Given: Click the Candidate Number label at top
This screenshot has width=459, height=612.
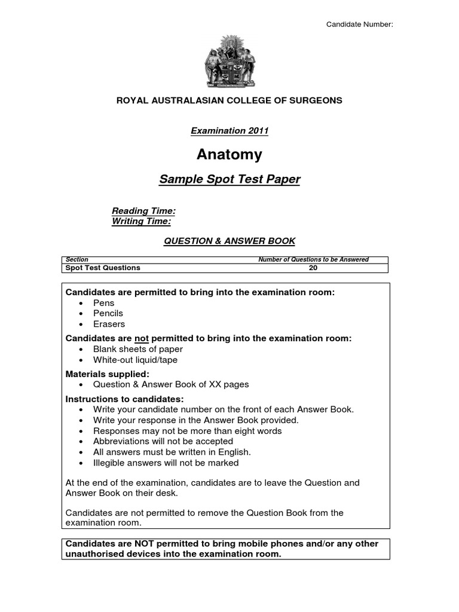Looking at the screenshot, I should pyautogui.click(x=359, y=24).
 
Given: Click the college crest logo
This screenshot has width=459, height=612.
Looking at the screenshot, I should pyautogui.click(x=229, y=60).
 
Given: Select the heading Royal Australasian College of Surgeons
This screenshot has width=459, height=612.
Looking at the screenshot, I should pyautogui.click(x=229, y=100).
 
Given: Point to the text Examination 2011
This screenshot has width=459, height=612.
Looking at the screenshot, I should pyautogui.click(x=229, y=130).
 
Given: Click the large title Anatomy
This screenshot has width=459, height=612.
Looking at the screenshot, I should pyautogui.click(x=229, y=155).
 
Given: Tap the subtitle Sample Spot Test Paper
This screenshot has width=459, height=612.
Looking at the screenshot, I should pyautogui.click(x=229, y=179).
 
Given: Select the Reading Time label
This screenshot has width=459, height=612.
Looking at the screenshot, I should pyautogui.click(x=143, y=211).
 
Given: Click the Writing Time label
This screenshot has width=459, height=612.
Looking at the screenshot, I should pyautogui.click(x=141, y=221).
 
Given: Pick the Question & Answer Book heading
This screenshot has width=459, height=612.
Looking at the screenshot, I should pyautogui.click(x=229, y=241).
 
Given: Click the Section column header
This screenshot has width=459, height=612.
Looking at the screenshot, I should pyautogui.click(x=77, y=259).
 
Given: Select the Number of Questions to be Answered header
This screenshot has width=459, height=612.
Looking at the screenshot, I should pyautogui.click(x=313, y=259).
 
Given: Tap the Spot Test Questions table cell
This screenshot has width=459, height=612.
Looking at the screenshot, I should pyautogui.click(x=103, y=268).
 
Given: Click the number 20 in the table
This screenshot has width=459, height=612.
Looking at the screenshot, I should pyautogui.click(x=313, y=268).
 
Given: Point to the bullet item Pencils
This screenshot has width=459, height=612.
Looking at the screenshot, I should pyautogui.click(x=108, y=313).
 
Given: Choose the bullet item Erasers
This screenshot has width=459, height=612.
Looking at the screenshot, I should pyautogui.click(x=109, y=324).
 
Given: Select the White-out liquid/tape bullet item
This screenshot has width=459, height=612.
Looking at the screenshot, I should pyautogui.click(x=135, y=360).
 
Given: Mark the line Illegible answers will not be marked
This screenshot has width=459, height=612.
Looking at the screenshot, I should pyautogui.click(x=166, y=463).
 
